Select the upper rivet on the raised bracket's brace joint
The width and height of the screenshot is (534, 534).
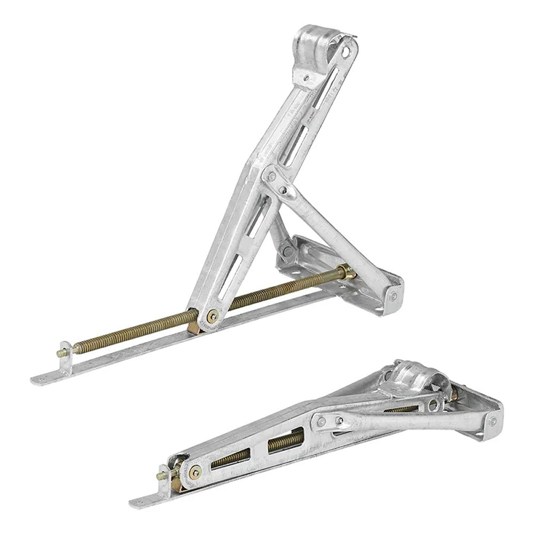point(272,176)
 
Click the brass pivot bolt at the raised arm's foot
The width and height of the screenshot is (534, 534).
point(212,316)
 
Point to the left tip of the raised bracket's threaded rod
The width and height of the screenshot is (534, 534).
point(60,353)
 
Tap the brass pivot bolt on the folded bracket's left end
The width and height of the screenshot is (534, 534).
point(194,471)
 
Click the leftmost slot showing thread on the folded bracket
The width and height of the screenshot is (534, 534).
point(230,459)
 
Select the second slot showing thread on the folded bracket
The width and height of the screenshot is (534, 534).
point(285,440)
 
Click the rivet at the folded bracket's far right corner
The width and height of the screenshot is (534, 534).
point(493,422)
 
